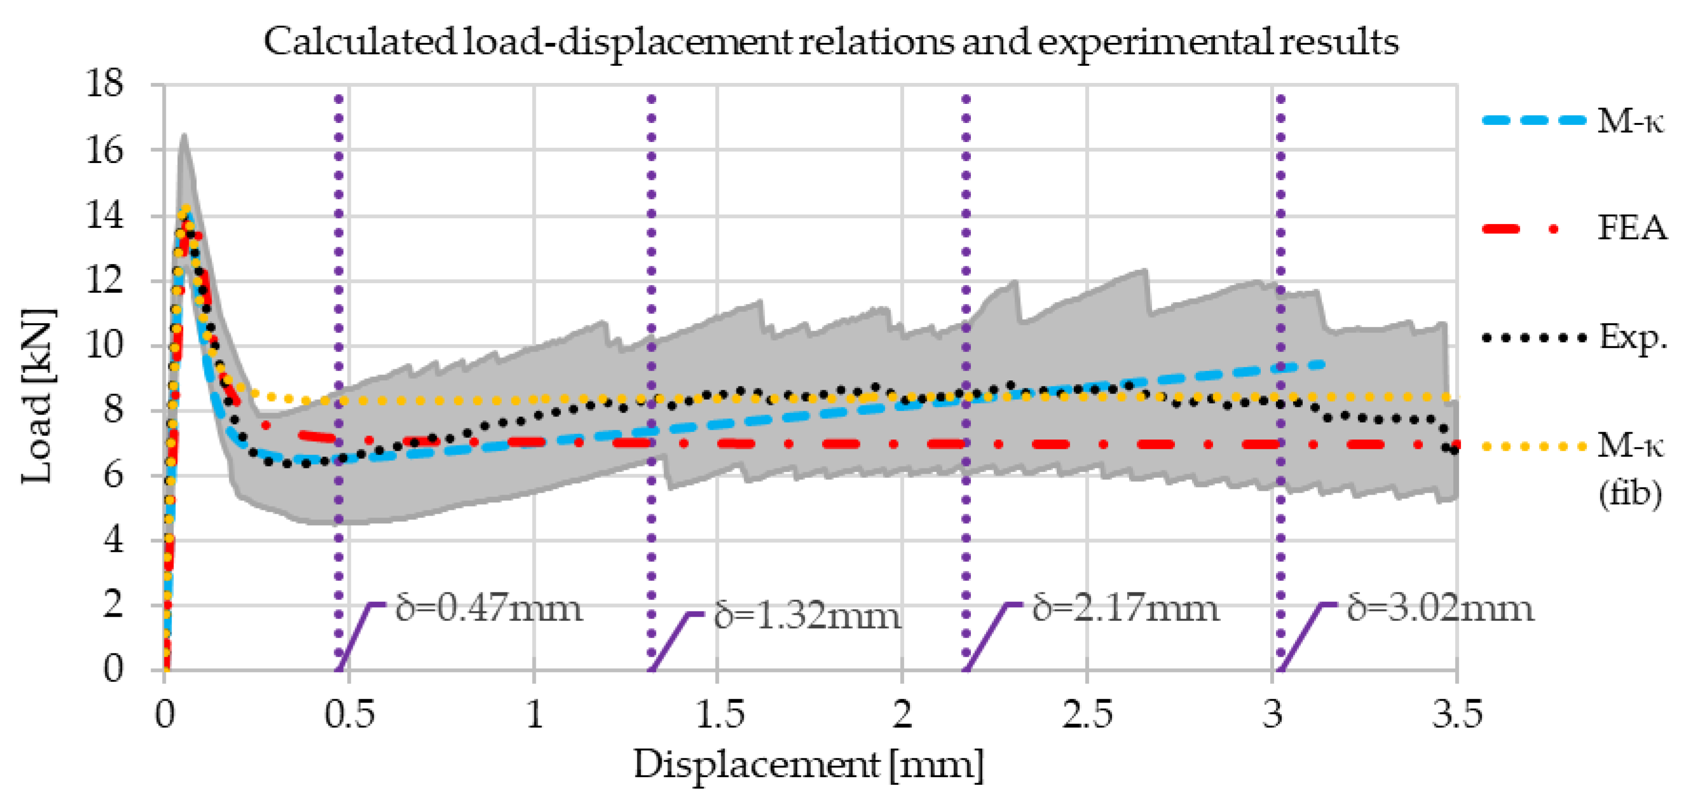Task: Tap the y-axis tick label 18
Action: (x=104, y=84)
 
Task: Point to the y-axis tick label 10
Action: (x=104, y=345)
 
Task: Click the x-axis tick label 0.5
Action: (x=349, y=714)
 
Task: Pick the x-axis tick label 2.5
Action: (x=1087, y=714)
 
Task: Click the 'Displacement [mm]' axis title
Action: (x=808, y=764)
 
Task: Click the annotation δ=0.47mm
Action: (x=488, y=608)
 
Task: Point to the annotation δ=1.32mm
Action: (x=807, y=616)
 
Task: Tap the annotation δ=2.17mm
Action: (x=1125, y=608)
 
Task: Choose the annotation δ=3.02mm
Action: (x=1440, y=608)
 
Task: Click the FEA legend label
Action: (x=1632, y=228)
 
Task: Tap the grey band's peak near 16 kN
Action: (x=184, y=137)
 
